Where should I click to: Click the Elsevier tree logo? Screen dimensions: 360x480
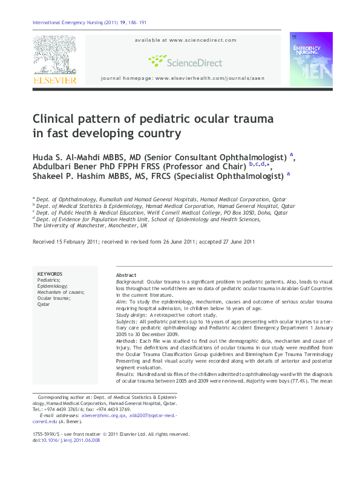[54, 54]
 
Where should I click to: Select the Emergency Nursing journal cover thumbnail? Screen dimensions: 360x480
[311, 59]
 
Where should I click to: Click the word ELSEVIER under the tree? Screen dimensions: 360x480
[54, 80]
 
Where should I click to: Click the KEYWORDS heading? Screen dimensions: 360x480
[50, 274]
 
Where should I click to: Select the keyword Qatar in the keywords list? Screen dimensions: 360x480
[44, 304]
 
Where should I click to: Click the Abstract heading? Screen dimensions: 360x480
[126, 274]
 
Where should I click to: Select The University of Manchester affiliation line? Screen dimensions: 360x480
[90, 225]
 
